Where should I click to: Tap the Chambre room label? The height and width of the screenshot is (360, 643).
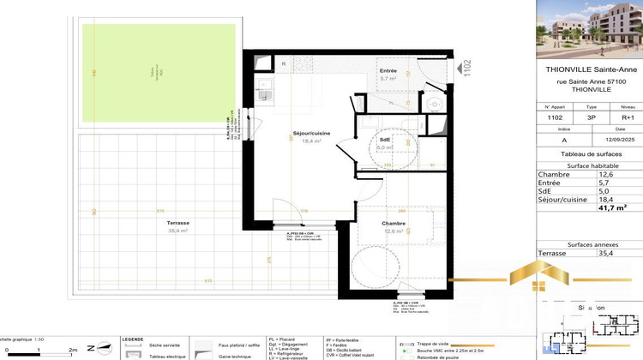click(x=394, y=224)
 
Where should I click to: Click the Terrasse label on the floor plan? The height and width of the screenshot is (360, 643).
click(x=154, y=222)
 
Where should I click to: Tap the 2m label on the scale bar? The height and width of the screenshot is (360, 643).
click(x=73, y=351)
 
